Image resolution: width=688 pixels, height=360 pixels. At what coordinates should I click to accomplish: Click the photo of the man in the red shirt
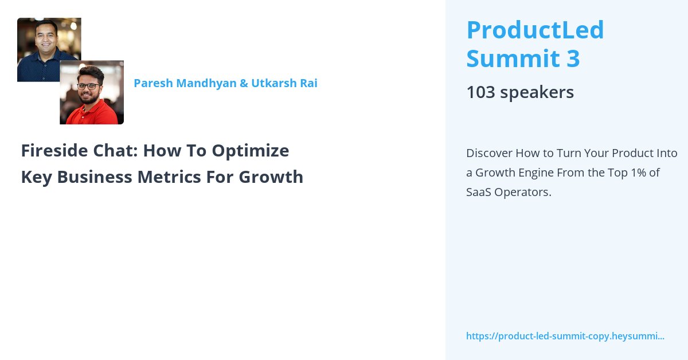point(92,92)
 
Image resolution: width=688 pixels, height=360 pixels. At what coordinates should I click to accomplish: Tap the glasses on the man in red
point(88,87)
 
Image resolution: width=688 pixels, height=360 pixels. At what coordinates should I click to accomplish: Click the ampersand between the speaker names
point(244,83)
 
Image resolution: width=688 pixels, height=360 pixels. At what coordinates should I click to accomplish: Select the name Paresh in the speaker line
point(153,83)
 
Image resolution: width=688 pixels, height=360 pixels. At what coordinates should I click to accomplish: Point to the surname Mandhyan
point(206,84)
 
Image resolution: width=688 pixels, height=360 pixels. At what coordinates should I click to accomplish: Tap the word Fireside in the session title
point(54,151)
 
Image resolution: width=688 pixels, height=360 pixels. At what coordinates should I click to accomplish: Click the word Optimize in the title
point(251,151)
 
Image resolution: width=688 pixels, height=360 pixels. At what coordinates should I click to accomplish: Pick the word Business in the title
point(95,177)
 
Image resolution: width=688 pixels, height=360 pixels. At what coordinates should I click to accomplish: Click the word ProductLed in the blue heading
point(535,30)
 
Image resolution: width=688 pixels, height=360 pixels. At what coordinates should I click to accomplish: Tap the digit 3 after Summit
point(573,58)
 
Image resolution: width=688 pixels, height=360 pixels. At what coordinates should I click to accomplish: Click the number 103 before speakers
point(480,92)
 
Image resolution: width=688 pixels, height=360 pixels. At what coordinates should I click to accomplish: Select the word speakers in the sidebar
point(537,92)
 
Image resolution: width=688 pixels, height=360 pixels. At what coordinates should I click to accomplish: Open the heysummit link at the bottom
point(565,336)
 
